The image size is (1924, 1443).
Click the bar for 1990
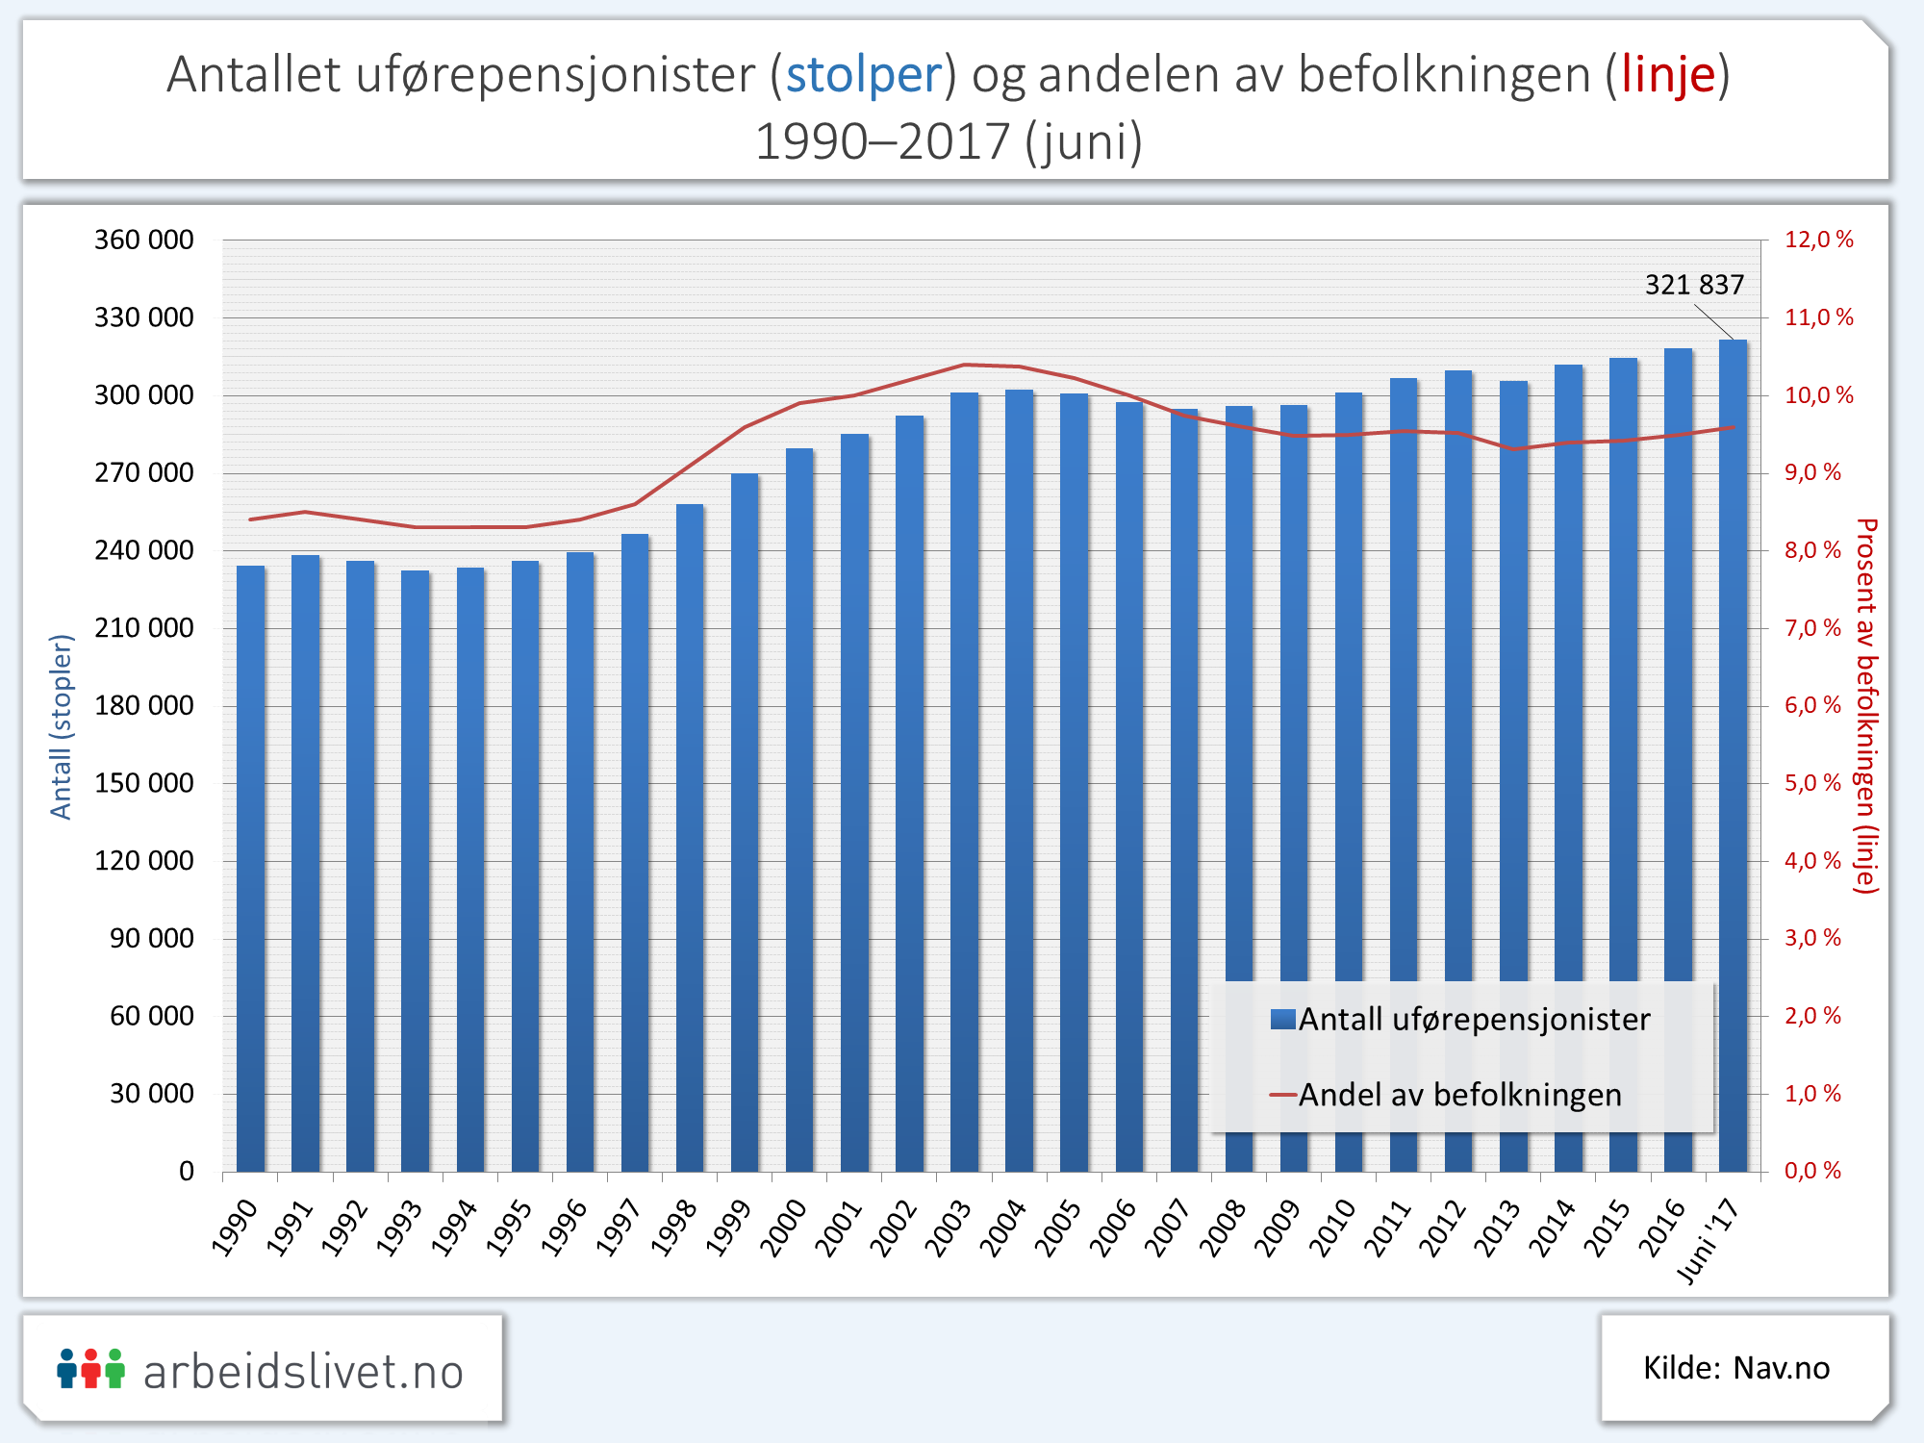[250, 866]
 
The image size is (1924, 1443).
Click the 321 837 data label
[1694, 285]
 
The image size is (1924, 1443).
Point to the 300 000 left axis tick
[144, 395]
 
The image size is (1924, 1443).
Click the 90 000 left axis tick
[152, 938]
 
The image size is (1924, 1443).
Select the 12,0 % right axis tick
[1818, 240]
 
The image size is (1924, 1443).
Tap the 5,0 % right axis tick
[1812, 783]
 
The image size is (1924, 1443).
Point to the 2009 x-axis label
[1278, 1228]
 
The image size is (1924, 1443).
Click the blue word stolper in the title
[864, 75]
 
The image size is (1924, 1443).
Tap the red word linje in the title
[1668, 75]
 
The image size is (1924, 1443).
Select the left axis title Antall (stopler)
[62, 727]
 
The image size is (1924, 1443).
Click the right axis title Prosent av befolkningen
[1866, 706]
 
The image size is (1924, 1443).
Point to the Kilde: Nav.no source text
[1735, 1368]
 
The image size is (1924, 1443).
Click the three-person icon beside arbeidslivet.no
[91, 1369]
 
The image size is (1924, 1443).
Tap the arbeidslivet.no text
[303, 1372]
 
